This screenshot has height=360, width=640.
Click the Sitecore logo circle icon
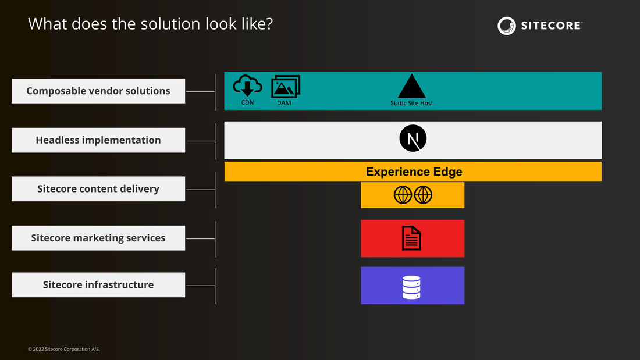click(507, 26)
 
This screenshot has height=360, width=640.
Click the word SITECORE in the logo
click(552, 26)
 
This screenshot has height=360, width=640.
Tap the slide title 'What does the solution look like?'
click(150, 24)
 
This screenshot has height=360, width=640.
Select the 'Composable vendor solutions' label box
click(98, 91)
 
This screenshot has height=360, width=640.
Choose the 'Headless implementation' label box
click(98, 140)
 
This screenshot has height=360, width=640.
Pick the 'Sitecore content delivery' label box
click(98, 188)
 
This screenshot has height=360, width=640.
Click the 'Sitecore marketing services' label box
click(98, 238)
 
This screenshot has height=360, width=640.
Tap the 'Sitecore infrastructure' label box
click(98, 284)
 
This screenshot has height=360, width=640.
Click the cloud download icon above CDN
click(247, 86)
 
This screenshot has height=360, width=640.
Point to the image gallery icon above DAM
click(286, 87)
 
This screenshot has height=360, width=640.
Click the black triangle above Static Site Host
click(411, 86)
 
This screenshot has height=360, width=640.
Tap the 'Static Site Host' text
click(411, 104)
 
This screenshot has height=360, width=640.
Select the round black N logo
click(413, 138)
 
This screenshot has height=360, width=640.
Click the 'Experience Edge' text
click(414, 172)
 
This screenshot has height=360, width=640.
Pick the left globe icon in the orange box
click(403, 195)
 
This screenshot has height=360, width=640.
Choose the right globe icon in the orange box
click(423, 195)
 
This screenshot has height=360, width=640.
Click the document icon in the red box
click(411, 238)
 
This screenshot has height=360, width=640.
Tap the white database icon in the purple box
click(411, 287)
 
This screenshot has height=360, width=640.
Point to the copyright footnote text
click(64, 349)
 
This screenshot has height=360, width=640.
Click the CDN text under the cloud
click(247, 102)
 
